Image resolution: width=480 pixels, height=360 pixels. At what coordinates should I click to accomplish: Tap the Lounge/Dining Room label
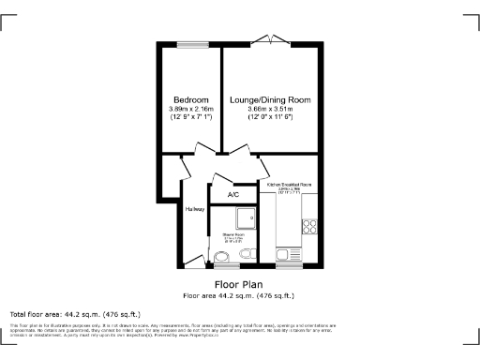pyautogui.click(x=271, y=100)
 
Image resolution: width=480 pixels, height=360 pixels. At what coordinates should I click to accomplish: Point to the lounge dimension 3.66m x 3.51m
pyautogui.click(x=271, y=110)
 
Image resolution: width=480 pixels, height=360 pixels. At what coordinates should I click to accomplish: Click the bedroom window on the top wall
pyautogui.click(x=193, y=43)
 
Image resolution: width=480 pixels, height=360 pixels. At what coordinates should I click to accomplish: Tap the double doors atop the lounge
pyautogui.click(x=277, y=40)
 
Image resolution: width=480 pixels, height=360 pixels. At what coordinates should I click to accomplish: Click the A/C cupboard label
pyautogui.click(x=233, y=195)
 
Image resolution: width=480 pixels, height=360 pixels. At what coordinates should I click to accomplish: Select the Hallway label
pyautogui.click(x=195, y=209)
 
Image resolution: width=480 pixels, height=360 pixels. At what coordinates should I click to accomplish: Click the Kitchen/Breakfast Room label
pyautogui.click(x=290, y=186)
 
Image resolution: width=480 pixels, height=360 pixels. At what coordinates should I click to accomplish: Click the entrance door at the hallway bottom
pyautogui.click(x=194, y=260)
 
